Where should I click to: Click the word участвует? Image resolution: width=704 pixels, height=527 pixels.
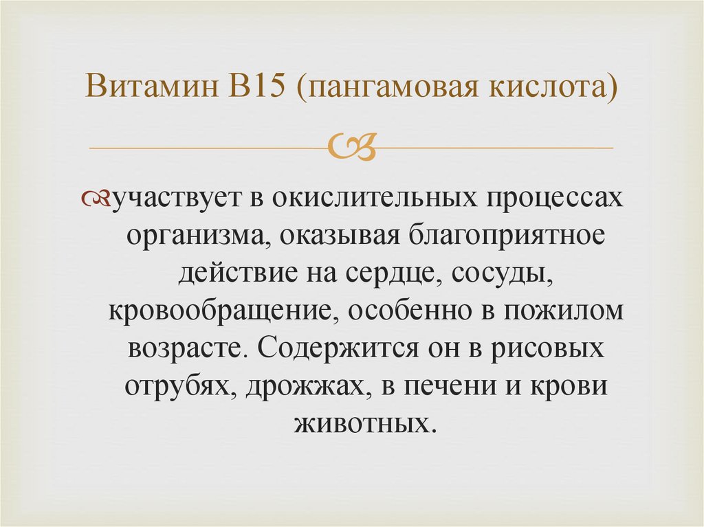point(175,199)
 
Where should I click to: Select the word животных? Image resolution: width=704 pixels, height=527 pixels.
point(365,421)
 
